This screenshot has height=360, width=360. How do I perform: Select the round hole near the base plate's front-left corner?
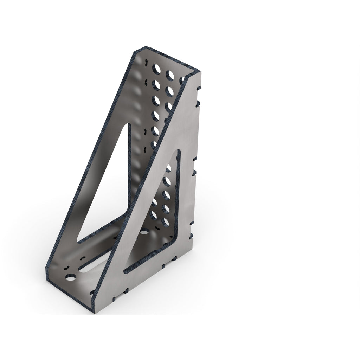pyautogui.click(x=71, y=278)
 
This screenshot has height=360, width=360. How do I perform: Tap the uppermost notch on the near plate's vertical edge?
pyautogui.click(x=199, y=88)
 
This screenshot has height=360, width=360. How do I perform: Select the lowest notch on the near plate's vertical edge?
pyautogui.click(x=192, y=235)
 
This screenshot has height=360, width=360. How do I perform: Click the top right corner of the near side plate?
pyautogui.click(x=201, y=72)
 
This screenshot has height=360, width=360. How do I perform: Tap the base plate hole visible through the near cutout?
pyautogui.click(x=144, y=232)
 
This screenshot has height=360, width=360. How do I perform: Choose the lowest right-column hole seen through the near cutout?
pyautogui.click(x=165, y=221)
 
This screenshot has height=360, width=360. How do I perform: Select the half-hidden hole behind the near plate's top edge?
pyautogui.click(x=182, y=80)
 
